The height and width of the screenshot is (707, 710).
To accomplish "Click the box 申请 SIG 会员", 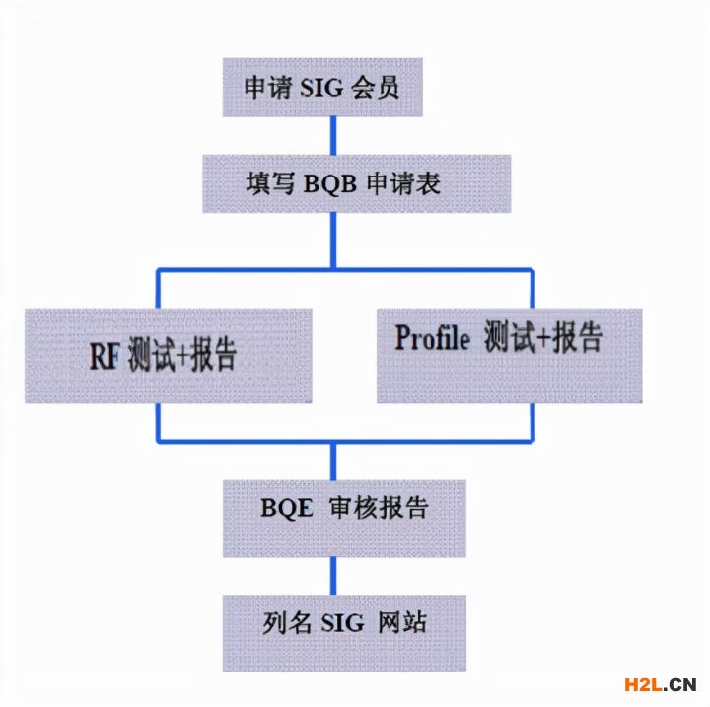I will click(x=323, y=88).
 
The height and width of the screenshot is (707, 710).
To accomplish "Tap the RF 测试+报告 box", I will click(x=169, y=355).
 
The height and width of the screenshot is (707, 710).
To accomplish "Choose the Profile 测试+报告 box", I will click(x=509, y=355).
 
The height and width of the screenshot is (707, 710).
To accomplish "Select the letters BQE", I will click(x=287, y=509).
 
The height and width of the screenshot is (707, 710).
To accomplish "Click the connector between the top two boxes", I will click(x=334, y=134).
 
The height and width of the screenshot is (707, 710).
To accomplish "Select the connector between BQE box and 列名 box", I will click(x=334, y=575).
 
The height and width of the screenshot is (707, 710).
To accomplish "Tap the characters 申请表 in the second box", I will click(x=403, y=183).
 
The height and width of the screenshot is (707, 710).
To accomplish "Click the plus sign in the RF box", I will click(x=182, y=356).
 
